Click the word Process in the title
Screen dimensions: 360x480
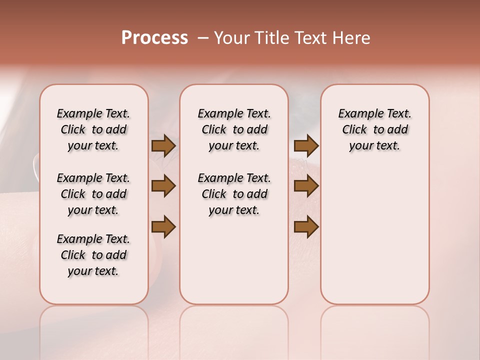tap(154, 38)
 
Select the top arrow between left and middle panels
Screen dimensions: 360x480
tap(163, 146)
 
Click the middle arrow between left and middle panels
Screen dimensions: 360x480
tap(163, 186)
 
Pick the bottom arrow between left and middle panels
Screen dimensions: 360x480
tap(163, 227)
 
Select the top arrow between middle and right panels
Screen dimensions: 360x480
tap(306, 146)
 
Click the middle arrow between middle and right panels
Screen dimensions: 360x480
tap(306, 186)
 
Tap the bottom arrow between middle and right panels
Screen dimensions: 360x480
tap(306, 227)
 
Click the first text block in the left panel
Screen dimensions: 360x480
tap(93, 130)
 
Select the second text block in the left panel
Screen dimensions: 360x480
tap(93, 194)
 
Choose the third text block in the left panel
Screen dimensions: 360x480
tap(93, 255)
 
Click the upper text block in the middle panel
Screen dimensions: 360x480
tap(234, 130)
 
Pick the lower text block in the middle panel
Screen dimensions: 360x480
tap(234, 194)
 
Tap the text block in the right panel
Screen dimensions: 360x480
tap(375, 130)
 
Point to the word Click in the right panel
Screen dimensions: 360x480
tap(354, 130)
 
